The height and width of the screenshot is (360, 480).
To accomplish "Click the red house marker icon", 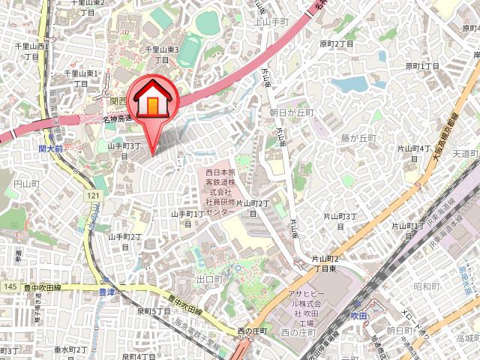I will click(x=153, y=100).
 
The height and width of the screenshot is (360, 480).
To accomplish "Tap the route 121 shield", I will click(x=93, y=196).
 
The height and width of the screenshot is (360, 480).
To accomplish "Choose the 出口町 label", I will click(x=208, y=279).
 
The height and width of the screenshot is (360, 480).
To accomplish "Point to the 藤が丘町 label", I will click(x=357, y=138).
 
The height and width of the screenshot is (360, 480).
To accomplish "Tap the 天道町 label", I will click(x=465, y=154).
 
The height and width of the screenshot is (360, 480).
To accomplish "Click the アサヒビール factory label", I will click(x=304, y=308).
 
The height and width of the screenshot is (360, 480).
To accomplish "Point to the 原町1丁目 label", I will click(x=423, y=67).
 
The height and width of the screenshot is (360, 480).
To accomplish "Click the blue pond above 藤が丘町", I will click(x=353, y=84).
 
